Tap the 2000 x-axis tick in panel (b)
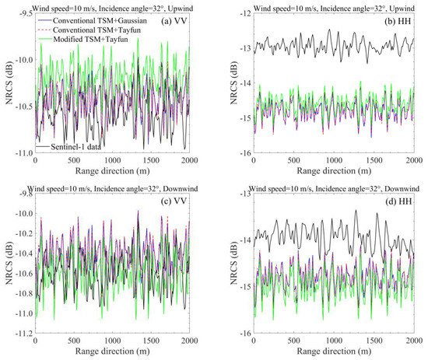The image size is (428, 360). tap(409, 160)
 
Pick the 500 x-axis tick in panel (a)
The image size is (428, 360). tap(73, 160)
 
